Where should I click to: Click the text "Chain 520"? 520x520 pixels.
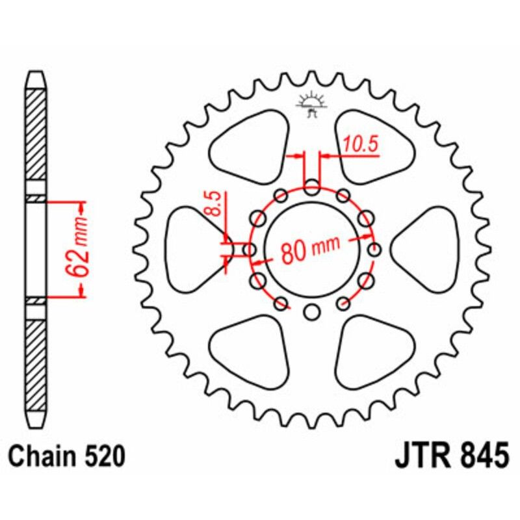coord(68,456)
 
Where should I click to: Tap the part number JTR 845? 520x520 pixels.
coord(450,456)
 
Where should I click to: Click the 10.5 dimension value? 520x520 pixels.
coord(361,145)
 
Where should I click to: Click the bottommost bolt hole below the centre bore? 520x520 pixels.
coord(312,313)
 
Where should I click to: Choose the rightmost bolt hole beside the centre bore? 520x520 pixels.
coord(374,250)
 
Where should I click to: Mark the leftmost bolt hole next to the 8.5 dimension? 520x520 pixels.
coord(250,250)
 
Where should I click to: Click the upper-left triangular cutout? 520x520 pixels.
coord(250,146)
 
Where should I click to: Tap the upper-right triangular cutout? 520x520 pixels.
coord(372,146)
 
